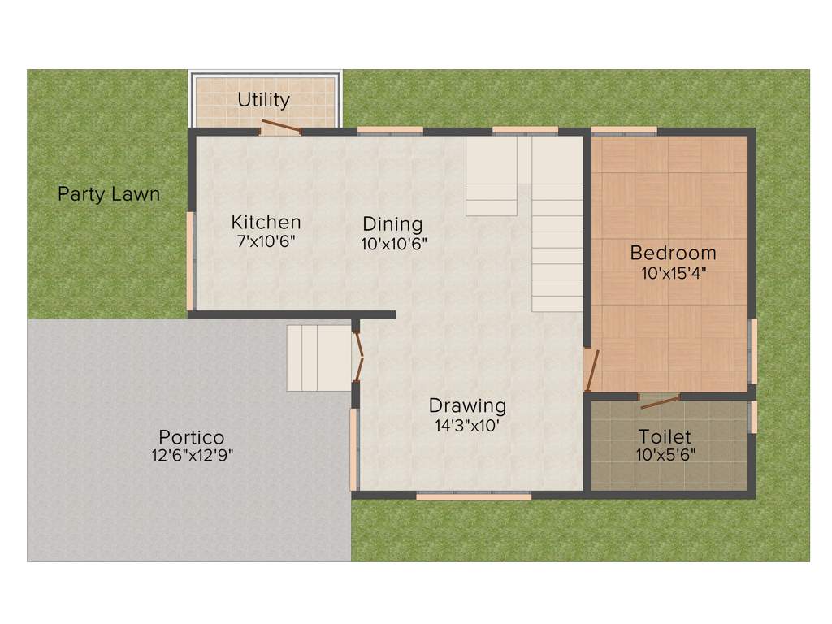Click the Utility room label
coord(263,100)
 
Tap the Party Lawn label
coord(109,195)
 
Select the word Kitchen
coord(266,222)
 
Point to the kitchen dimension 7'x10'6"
coord(266,241)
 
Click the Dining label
coord(392,223)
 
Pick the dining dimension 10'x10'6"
coord(394,243)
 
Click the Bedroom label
coord(673,253)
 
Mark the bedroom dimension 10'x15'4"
coord(674,273)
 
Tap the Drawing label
coord(467,405)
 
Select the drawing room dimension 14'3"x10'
coord(467,425)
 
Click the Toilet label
coord(665,436)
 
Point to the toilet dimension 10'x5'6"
coord(665,455)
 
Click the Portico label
coord(192,436)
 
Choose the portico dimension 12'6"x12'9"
coord(193,455)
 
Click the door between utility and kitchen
coord(281,126)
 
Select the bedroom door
coord(592,370)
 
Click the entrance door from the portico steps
coord(358,356)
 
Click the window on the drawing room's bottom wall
coord(474,495)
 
